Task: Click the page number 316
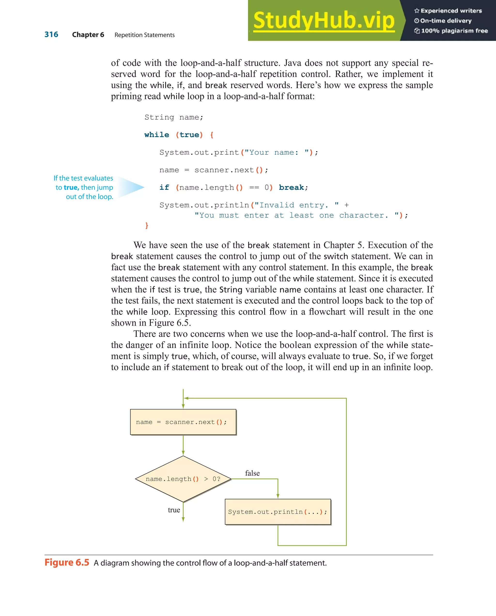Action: pos(51,35)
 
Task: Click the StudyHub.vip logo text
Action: pos(324,21)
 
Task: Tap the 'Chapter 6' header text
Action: pos(88,35)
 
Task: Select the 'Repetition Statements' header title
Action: pos(144,35)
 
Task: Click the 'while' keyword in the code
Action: pos(157,135)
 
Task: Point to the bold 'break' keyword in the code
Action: pos(291,187)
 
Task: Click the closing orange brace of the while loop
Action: pos(147,225)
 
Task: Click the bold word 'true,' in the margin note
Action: pos(71,187)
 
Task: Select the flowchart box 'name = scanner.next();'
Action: pos(183,422)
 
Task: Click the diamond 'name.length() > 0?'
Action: pos(183,479)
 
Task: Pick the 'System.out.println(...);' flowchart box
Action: pos(278,512)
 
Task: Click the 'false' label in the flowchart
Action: pos(252,473)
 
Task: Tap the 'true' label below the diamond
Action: pos(174,510)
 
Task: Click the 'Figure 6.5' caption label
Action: pos(67,562)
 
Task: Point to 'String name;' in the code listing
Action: pos(174,117)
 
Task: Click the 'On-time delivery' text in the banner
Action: pos(446,21)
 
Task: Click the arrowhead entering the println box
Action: pos(278,496)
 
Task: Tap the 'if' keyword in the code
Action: pos(164,187)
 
